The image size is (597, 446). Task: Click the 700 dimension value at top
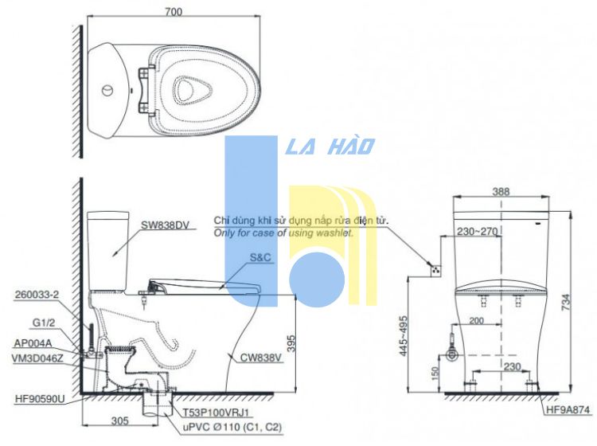174,12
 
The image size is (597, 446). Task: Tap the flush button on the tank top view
107,91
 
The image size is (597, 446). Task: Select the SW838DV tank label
165,225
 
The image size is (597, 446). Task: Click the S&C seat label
260,258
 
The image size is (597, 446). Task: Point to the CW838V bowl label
261,358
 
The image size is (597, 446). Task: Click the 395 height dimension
291,343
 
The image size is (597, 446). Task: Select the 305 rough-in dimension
120,421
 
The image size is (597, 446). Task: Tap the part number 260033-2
37,295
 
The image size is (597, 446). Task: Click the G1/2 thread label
44,323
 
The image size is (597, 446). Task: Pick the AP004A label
33,343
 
